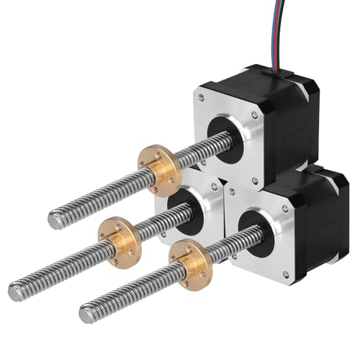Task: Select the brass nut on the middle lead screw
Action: pyautogui.click(x=119, y=232)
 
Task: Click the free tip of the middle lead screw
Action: pyautogui.click(x=15, y=291)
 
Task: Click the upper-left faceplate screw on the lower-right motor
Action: pyautogui.click(x=232, y=192)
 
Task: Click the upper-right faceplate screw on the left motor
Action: pyautogui.click(x=215, y=185)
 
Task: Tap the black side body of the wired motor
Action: pyautogui.click(x=295, y=115)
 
